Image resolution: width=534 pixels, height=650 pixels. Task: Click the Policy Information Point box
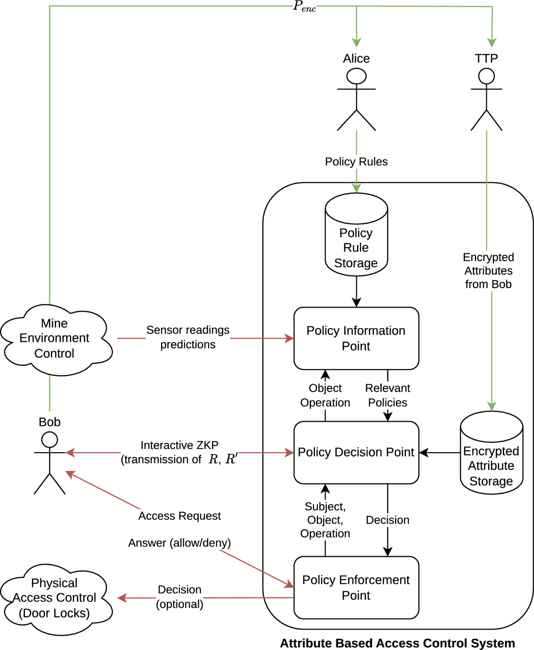(x=356, y=338)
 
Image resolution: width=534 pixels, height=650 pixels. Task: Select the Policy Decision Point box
(x=356, y=453)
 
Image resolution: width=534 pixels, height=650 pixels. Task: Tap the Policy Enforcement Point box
(x=356, y=587)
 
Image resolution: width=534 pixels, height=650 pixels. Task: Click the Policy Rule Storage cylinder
(x=356, y=234)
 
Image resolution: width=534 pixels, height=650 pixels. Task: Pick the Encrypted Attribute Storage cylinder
(x=491, y=453)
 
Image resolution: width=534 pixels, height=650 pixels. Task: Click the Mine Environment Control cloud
(x=56, y=340)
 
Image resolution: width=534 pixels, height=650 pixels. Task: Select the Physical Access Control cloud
(x=56, y=599)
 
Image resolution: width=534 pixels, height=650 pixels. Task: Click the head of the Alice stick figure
(x=356, y=76)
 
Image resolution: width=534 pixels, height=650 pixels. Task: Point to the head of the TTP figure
(x=486, y=76)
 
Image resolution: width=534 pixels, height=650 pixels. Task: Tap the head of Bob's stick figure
(x=49, y=440)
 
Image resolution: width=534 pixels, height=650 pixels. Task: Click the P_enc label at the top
(x=304, y=6)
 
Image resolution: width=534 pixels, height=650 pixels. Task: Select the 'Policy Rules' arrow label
(x=356, y=161)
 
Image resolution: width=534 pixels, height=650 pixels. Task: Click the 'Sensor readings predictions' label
(x=188, y=337)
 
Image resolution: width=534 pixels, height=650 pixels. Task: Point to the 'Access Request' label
(x=179, y=516)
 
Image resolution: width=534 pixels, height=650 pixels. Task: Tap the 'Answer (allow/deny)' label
(x=179, y=543)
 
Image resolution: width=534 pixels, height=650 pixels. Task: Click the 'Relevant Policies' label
(x=388, y=395)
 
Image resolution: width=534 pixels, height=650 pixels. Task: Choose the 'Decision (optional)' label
(x=179, y=597)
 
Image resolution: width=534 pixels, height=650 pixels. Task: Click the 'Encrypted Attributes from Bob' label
(x=488, y=271)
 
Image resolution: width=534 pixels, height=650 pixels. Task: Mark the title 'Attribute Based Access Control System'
(x=397, y=643)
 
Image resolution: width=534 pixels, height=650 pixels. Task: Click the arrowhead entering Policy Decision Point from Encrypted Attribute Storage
(x=424, y=453)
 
